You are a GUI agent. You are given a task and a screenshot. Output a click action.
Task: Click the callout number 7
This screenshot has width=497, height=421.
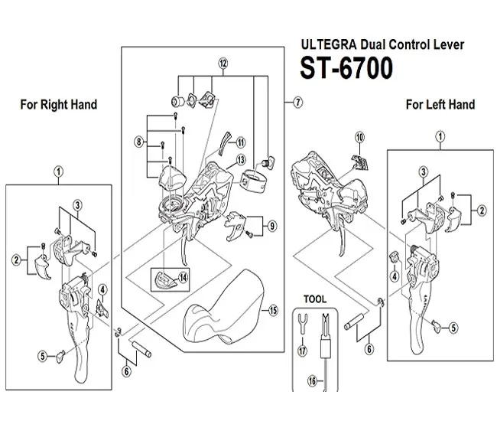(298, 100)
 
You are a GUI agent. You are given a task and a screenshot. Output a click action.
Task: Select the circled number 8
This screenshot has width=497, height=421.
(138, 142)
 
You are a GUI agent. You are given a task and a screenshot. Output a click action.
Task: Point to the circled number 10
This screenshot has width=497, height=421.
(359, 138)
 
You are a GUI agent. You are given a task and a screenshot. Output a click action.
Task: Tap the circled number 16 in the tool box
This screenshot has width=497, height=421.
(311, 380)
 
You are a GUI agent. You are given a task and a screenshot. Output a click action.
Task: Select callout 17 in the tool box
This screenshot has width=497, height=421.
(302, 351)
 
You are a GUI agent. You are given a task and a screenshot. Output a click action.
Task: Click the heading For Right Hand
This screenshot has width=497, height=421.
(58, 104)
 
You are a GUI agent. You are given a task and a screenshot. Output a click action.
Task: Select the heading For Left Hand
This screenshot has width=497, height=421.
(440, 104)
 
